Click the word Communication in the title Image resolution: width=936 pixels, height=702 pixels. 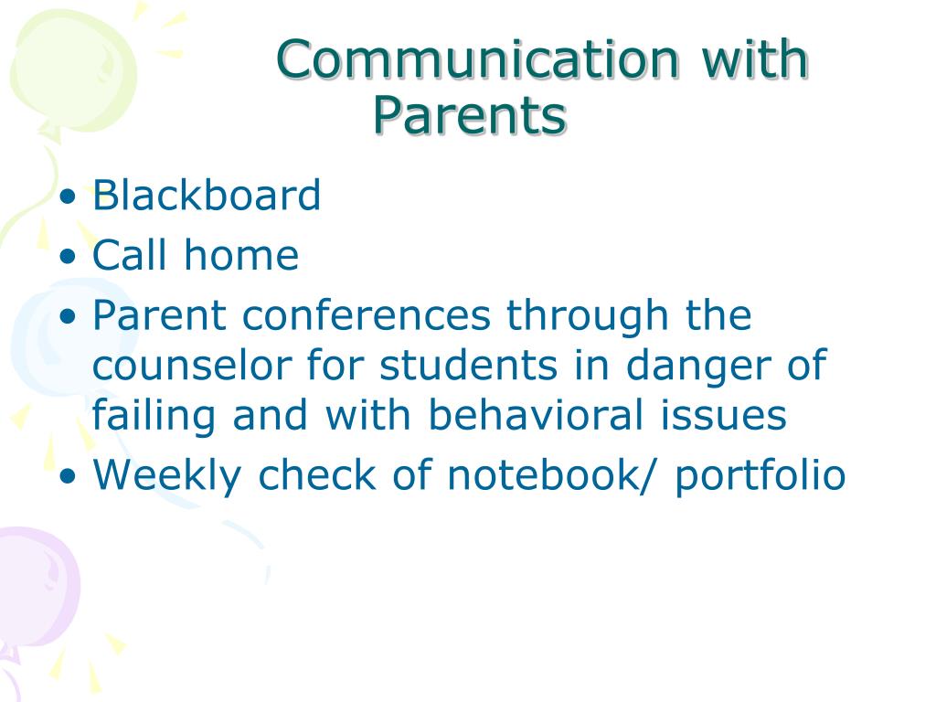[x=477, y=58]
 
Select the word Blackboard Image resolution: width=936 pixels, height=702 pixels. [x=207, y=195]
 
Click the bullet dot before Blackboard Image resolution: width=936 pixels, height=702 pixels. [x=69, y=197]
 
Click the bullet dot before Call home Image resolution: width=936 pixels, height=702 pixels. [x=69, y=256]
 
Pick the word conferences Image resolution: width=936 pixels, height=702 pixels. [x=367, y=314]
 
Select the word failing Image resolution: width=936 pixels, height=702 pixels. [x=154, y=417]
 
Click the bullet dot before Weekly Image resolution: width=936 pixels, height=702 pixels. [x=69, y=475]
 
